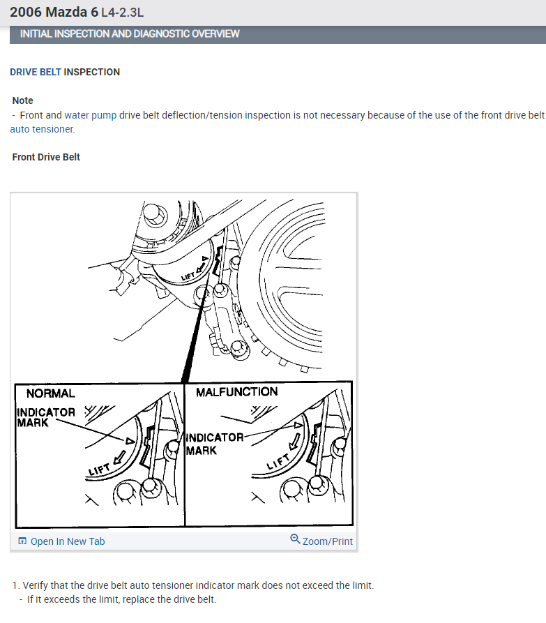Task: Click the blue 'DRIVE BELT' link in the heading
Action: pyautogui.click(x=36, y=72)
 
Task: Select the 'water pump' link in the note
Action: pyautogui.click(x=91, y=115)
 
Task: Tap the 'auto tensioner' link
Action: pyautogui.click(x=42, y=129)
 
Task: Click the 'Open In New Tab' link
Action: pyautogui.click(x=68, y=541)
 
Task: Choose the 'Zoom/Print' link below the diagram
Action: pyautogui.click(x=328, y=541)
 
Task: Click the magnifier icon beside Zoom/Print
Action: pyautogui.click(x=295, y=539)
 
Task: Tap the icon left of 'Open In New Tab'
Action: pyautogui.click(x=22, y=541)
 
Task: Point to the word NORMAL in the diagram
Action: pyautogui.click(x=50, y=393)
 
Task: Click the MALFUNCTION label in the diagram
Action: pyautogui.click(x=236, y=392)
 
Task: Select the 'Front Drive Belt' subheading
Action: pyautogui.click(x=46, y=157)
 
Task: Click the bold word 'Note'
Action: pyautogui.click(x=22, y=100)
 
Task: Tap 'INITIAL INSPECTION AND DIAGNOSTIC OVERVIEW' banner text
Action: pyautogui.click(x=130, y=33)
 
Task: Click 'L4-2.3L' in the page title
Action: pyautogui.click(x=122, y=13)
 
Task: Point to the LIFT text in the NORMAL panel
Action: pyautogui.click(x=99, y=470)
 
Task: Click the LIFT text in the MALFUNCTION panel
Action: pyautogui.click(x=278, y=461)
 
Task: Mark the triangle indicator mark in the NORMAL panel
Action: pyautogui.click(x=130, y=441)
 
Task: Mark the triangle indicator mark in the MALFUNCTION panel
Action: pyautogui.click(x=298, y=425)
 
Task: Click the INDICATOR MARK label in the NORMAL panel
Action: pyautogui.click(x=45, y=417)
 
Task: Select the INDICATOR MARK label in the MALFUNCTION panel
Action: pyautogui.click(x=215, y=444)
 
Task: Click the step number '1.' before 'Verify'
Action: pyautogui.click(x=16, y=585)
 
